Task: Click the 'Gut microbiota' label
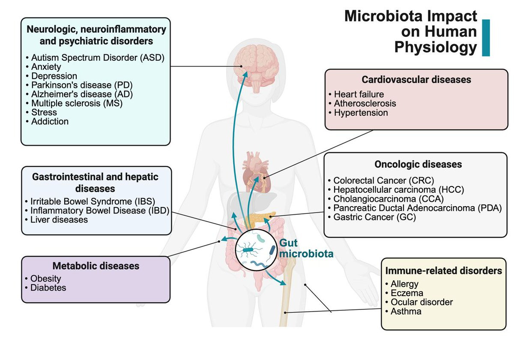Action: click(306, 248)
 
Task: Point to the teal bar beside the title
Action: click(486, 38)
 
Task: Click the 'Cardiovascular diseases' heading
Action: click(416, 80)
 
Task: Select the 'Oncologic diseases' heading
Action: click(418, 165)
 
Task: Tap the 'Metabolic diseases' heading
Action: click(96, 266)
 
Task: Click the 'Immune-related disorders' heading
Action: click(444, 271)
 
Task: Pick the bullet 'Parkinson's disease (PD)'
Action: click(79, 85)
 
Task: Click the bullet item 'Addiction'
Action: click(47, 121)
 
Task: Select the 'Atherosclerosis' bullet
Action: click(362, 103)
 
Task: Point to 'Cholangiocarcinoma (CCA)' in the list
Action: click(386, 199)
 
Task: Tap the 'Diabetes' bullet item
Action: click(46, 288)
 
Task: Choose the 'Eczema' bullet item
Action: click(404, 293)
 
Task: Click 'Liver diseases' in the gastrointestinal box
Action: click(57, 220)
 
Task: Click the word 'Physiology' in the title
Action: click(436, 48)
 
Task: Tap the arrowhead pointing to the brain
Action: click(245, 75)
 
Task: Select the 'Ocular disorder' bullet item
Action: click(419, 302)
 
